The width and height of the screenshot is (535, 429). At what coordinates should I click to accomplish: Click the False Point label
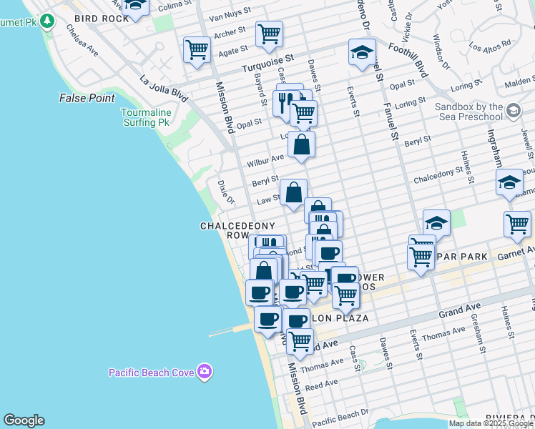87,98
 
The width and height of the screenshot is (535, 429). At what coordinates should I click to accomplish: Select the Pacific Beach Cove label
152,372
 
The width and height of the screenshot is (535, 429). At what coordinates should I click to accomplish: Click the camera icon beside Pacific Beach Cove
205,371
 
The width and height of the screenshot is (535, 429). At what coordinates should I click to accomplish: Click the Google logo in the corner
24,420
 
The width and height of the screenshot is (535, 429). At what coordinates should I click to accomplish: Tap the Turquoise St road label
267,63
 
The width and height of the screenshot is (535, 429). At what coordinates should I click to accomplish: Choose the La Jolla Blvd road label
164,87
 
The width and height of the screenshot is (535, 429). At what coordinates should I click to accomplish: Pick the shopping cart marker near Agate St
197,50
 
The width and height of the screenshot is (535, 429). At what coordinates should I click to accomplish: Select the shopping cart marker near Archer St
269,33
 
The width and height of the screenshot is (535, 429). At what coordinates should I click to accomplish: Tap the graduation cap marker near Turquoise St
363,51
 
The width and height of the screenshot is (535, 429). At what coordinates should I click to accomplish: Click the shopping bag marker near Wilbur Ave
302,144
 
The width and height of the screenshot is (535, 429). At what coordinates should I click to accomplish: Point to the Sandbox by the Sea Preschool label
470,112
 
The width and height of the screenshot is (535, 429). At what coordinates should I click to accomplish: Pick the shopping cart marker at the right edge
517,224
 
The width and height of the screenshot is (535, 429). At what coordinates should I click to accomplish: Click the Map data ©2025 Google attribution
491,423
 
